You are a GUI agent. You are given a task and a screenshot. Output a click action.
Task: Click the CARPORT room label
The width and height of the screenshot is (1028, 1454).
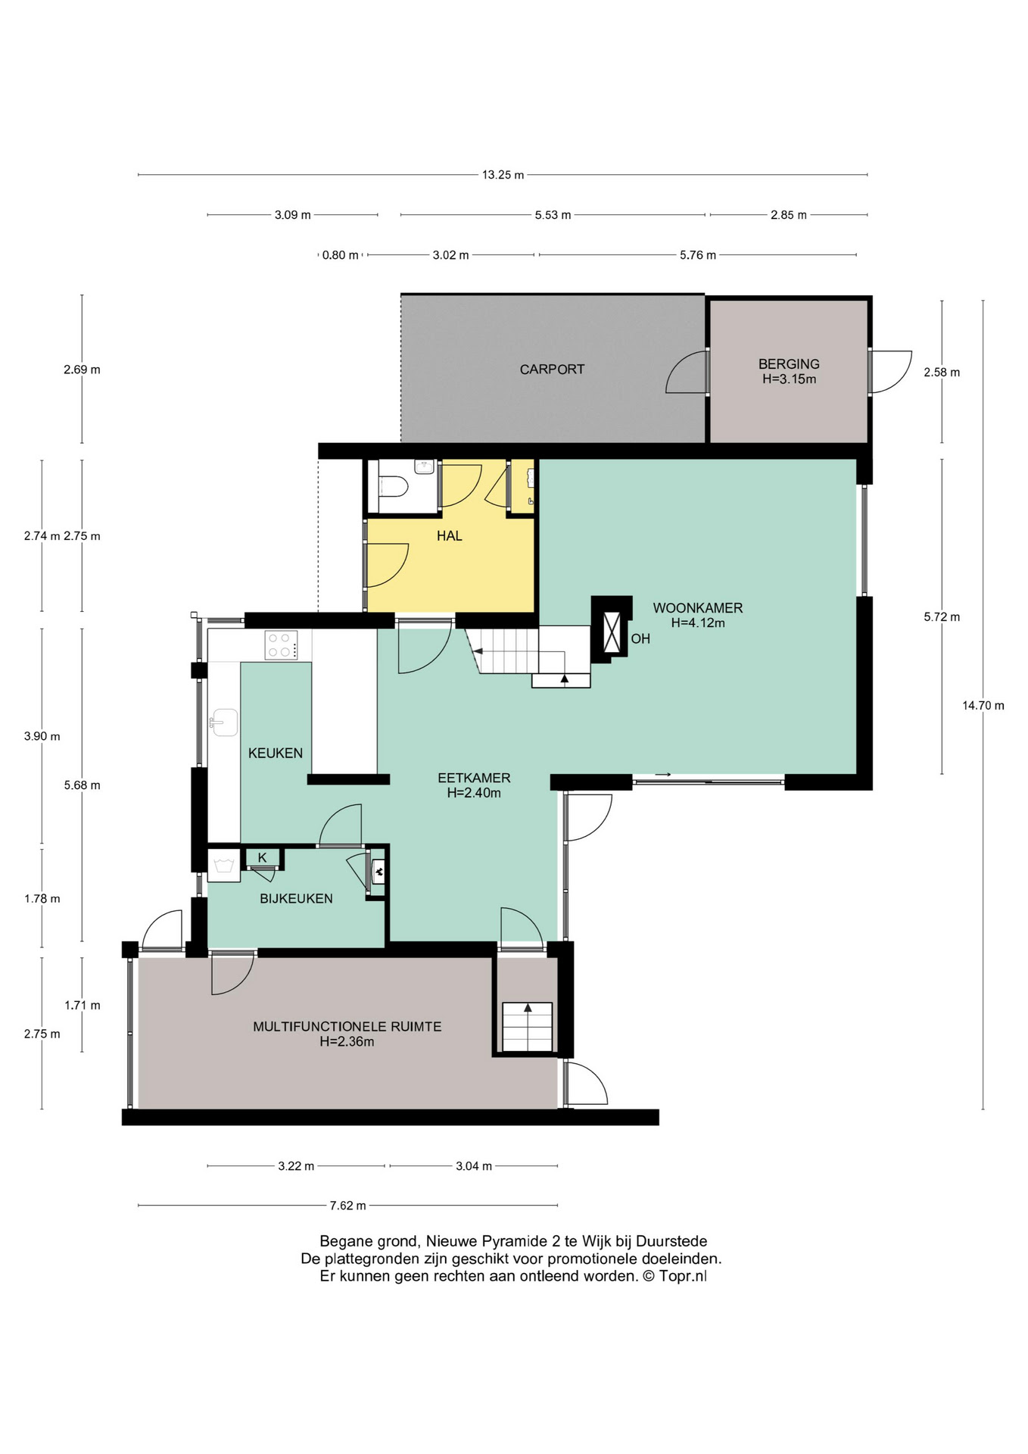coord(552,370)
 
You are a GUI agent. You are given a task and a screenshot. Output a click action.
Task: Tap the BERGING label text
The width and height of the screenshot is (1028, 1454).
coord(789,364)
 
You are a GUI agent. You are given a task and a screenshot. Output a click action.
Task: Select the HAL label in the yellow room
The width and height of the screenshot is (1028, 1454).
coord(449,536)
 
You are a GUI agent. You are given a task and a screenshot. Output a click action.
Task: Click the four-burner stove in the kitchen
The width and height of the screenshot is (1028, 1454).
coord(281,644)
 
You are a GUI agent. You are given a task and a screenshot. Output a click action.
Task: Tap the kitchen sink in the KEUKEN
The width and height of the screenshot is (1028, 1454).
coord(224,722)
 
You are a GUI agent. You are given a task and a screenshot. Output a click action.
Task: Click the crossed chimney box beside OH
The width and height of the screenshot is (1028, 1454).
coord(612,630)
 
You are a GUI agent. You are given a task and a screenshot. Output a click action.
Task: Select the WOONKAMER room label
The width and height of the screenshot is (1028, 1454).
coord(698,608)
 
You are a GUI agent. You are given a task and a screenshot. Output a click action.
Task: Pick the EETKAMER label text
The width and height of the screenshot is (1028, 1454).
coord(474,778)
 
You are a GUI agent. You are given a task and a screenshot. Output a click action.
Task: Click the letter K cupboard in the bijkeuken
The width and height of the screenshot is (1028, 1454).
coord(263,858)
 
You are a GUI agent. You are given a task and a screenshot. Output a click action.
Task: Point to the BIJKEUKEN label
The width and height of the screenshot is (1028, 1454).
coord(296,899)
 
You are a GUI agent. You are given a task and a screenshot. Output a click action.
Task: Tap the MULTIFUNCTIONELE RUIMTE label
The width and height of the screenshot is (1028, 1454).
coord(347,1027)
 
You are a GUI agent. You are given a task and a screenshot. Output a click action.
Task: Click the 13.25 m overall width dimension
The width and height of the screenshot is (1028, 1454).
coord(503,175)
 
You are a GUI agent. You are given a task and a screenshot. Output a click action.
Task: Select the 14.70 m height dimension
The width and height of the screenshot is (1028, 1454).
coord(983,706)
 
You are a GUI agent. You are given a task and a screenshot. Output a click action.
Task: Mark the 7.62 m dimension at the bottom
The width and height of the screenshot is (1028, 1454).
coord(347,1206)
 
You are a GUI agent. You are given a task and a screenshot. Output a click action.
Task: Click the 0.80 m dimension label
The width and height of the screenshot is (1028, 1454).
coord(341,255)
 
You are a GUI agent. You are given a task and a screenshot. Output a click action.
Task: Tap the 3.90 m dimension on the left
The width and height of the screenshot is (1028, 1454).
coord(42,736)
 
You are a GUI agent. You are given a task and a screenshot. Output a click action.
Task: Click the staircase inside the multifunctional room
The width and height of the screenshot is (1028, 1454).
coord(528,1027)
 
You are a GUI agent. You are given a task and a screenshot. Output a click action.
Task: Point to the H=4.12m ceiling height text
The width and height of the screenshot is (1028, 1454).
coord(698,623)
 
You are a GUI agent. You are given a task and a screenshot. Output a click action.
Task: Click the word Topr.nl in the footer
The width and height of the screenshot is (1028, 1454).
coord(683,1276)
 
